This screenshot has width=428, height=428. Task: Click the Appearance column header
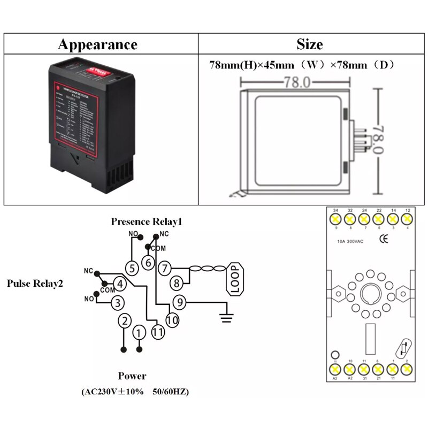97,44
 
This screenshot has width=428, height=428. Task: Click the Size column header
309,44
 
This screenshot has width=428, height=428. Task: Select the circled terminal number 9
180,303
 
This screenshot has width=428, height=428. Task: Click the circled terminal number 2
124,321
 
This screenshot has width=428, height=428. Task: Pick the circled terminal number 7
165,268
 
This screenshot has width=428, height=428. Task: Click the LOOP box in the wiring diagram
235,278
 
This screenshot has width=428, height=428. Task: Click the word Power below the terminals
132,376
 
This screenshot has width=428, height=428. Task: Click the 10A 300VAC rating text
351,241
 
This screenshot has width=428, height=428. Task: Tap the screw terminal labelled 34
335,219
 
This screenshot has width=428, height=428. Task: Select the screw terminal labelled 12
408,219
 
